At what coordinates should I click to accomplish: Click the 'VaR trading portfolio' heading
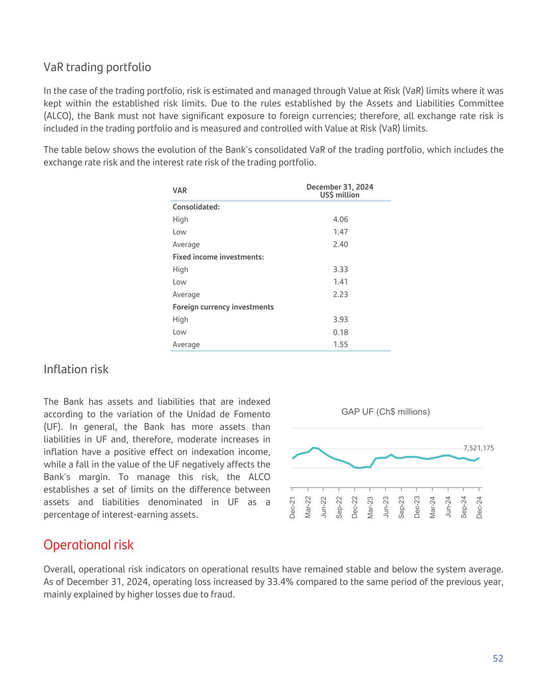[x=97, y=67]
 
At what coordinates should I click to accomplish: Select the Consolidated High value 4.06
[x=340, y=219]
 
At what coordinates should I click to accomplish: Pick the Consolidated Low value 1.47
[x=340, y=232]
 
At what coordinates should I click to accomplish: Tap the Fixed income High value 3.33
[x=340, y=269]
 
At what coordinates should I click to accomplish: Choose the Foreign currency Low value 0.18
[x=340, y=332]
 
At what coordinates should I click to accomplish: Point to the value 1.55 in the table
[x=340, y=345]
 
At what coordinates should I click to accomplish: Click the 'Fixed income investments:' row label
[x=218, y=257]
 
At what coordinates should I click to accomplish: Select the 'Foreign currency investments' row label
[x=223, y=307]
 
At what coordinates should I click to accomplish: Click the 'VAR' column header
[x=180, y=190]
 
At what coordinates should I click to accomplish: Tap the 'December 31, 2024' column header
[x=340, y=187]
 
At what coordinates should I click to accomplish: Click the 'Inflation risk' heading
[x=76, y=369]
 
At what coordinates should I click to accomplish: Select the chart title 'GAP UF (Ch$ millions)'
[x=385, y=412]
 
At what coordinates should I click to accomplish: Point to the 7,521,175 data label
[x=478, y=448]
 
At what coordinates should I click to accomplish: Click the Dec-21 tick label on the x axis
[x=293, y=508]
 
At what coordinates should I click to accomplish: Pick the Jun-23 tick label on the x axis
[x=386, y=508]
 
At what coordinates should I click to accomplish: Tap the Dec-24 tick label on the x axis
[x=479, y=508]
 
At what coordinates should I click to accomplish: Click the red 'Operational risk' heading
[x=89, y=545]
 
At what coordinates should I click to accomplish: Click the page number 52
[x=497, y=658]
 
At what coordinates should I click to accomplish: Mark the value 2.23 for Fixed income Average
[x=340, y=294]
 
